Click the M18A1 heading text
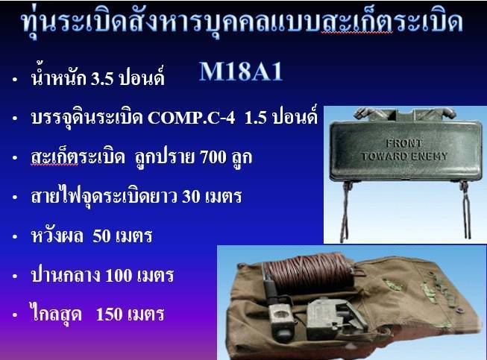(x=241, y=72)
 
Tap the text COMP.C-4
(x=192, y=119)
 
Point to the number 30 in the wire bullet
(x=192, y=197)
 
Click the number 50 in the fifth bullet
(x=102, y=236)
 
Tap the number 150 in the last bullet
(x=109, y=315)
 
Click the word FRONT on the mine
(x=403, y=143)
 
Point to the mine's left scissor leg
(x=346, y=211)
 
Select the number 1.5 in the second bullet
(x=255, y=119)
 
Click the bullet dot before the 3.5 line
(x=15, y=80)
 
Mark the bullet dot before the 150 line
(x=15, y=315)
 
